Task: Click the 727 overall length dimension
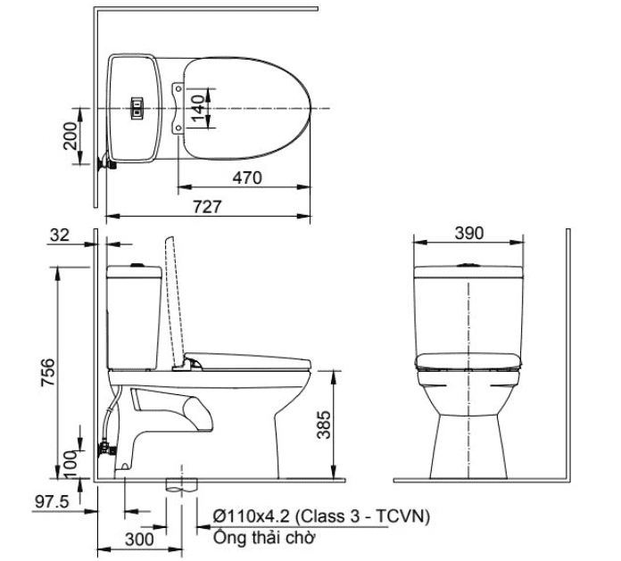point(207,207)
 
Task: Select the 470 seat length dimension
point(247,177)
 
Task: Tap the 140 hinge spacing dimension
point(197,108)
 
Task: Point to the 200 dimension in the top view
point(70,136)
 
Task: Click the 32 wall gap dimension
point(60,235)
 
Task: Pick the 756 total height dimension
point(48,372)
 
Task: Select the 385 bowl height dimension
point(324,425)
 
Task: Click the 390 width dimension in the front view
point(469,233)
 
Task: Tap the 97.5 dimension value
point(52,502)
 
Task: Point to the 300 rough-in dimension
point(140,539)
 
